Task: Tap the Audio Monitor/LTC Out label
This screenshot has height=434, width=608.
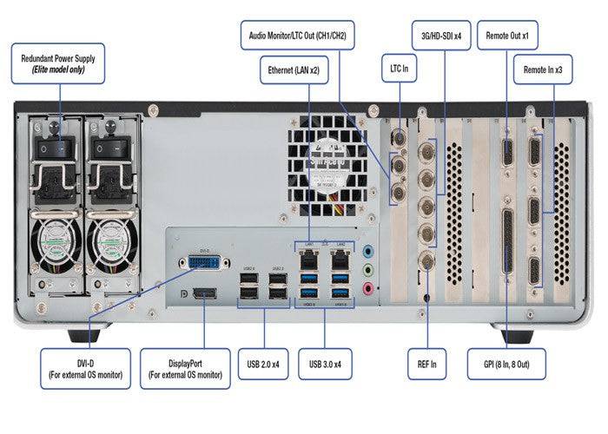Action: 298,36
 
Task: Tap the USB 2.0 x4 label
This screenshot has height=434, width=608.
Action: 264,364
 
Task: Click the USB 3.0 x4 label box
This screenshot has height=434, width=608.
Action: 327,364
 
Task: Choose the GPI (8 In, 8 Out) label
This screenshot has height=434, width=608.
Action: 519,364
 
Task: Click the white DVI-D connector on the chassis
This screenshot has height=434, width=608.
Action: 204,261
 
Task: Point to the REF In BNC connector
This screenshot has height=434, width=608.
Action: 427,262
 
